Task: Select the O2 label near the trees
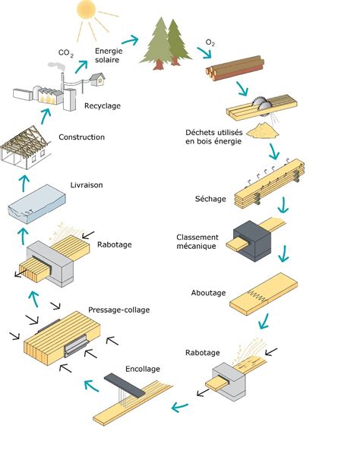[x=210, y=42]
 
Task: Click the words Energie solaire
[x=109, y=55]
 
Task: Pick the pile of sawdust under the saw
[x=265, y=130]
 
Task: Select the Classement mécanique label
[x=197, y=241]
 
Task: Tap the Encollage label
[x=143, y=369]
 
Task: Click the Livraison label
[x=86, y=184]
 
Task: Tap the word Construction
[x=81, y=137]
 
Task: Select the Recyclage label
[x=103, y=105]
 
